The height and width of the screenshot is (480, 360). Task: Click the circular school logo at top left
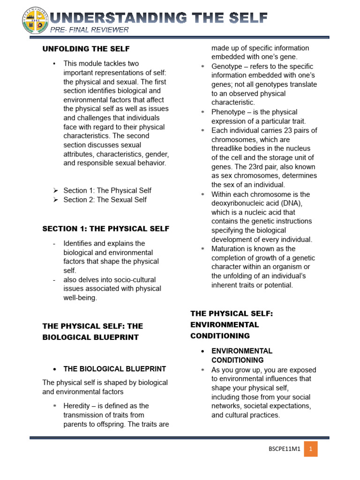coord(36,20)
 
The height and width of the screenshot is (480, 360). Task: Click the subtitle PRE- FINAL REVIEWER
coord(90,30)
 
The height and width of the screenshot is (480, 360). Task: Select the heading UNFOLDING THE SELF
coord(86,49)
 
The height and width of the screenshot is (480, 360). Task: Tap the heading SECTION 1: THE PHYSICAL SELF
coord(106,229)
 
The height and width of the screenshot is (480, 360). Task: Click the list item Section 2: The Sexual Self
coord(105,200)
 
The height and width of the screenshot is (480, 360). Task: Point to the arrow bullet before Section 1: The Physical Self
coord(55,191)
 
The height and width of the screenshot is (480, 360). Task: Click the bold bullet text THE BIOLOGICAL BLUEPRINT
coord(115,369)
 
